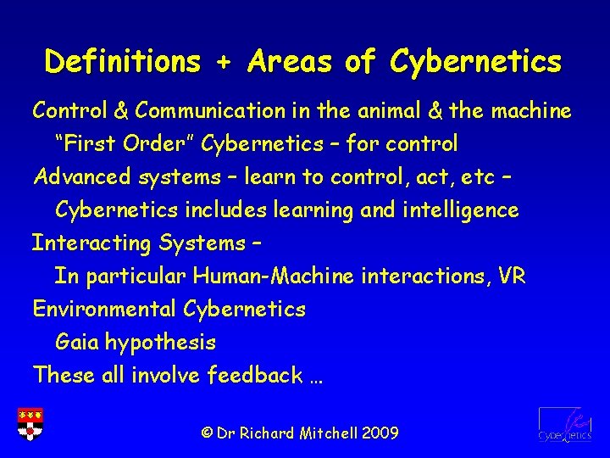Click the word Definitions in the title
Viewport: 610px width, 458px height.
coord(124,62)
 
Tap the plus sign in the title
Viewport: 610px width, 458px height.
coord(225,62)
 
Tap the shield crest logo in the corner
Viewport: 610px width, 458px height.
coord(30,423)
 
